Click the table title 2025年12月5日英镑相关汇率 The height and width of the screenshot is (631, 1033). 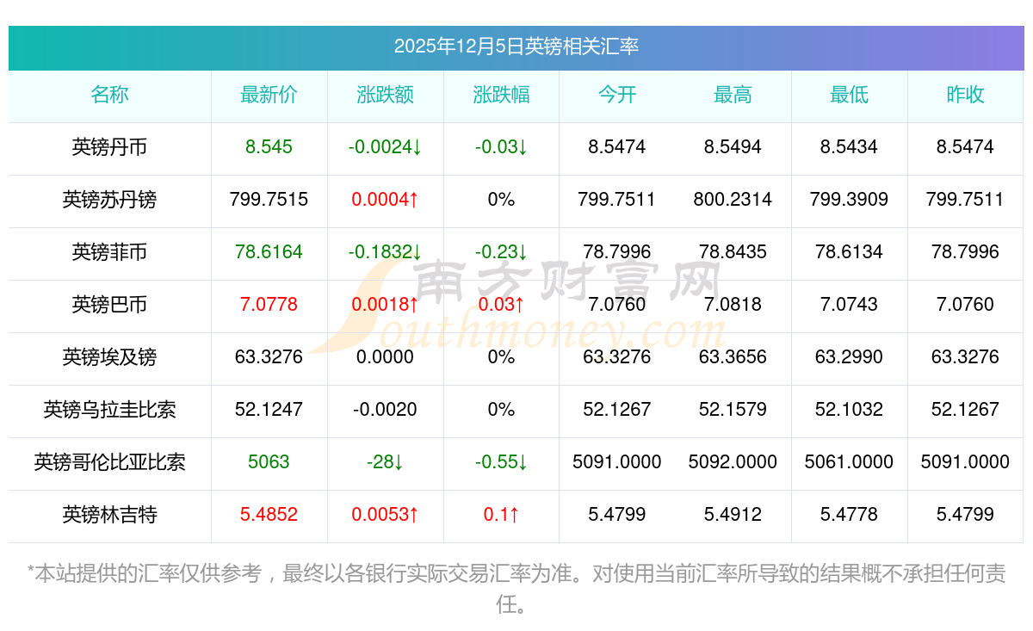point(516,46)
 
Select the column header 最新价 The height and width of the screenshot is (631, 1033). point(269,96)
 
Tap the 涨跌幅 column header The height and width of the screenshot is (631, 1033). point(501,96)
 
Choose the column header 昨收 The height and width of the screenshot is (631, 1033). point(965,96)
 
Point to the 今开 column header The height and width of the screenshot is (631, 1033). point(616,96)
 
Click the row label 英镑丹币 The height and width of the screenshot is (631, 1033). point(109,147)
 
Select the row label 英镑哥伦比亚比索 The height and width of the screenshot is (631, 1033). point(109,462)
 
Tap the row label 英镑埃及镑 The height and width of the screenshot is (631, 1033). point(109,357)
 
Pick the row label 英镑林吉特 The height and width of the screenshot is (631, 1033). point(109,515)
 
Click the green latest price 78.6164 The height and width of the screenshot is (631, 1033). point(269,252)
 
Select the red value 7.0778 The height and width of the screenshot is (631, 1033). point(269,305)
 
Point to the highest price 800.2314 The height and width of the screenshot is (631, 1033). point(733,200)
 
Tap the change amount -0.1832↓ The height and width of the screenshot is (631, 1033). point(385,252)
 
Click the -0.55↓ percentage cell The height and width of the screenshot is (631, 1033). point(501,462)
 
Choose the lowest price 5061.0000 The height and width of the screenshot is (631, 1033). point(849,462)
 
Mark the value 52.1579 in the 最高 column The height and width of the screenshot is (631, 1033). point(733,410)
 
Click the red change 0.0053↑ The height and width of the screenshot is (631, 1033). point(385,515)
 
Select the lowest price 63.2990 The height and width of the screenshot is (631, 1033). point(849,357)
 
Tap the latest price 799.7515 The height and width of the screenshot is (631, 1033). point(269,200)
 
